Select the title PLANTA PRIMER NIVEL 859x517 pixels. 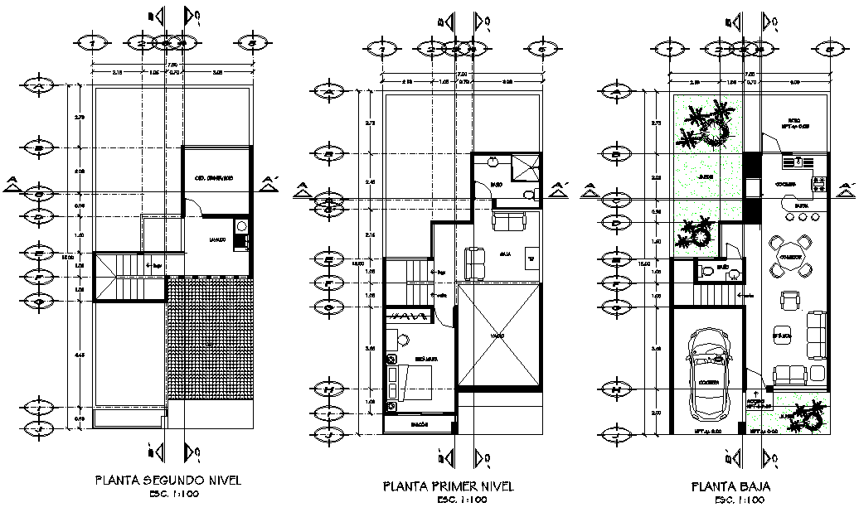(448, 486)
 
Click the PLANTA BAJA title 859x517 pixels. (730, 487)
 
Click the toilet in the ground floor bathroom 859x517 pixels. (706, 270)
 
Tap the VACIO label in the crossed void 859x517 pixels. (497, 336)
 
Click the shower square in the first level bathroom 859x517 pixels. (526, 168)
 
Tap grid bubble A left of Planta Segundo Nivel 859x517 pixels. (36, 85)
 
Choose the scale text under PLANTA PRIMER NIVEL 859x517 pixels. (461, 500)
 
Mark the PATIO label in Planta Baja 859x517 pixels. (793, 119)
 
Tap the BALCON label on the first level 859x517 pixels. (421, 424)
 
